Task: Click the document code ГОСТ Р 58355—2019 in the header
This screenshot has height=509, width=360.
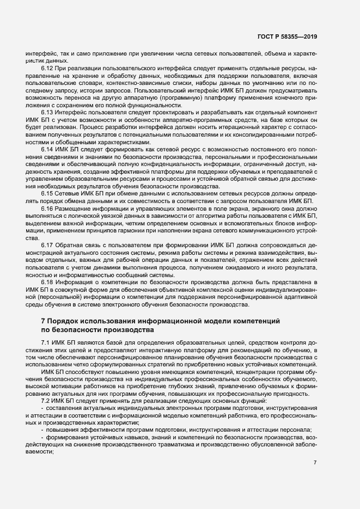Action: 286,36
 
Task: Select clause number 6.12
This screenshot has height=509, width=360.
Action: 47,69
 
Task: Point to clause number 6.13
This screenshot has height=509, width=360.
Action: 47,111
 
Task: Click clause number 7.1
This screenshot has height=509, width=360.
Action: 46,341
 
